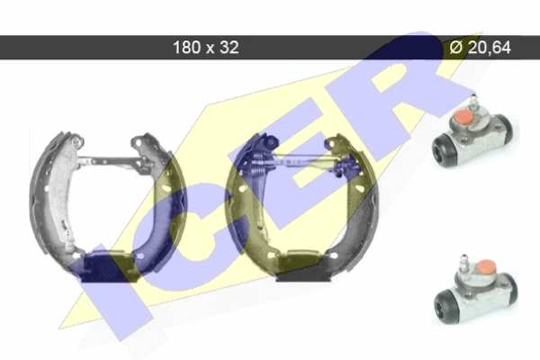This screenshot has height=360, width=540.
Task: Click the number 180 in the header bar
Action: point(187,47)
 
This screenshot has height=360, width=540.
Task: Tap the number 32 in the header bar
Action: point(229,47)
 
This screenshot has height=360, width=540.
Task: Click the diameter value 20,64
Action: point(490,47)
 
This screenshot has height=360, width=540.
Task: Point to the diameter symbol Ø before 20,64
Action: point(456,47)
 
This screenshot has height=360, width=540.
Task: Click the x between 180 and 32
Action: point(210,49)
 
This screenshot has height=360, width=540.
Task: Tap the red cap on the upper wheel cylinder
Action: point(463,118)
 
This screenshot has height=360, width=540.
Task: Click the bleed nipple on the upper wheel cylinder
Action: point(474,102)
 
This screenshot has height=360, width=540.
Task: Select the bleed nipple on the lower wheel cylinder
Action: point(463,264)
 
